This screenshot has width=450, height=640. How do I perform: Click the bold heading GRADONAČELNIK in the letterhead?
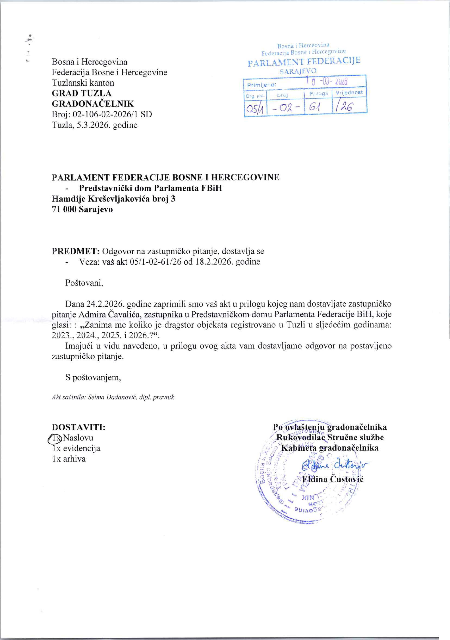pos(93,104)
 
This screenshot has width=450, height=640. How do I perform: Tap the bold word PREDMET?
pos(76,251)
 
